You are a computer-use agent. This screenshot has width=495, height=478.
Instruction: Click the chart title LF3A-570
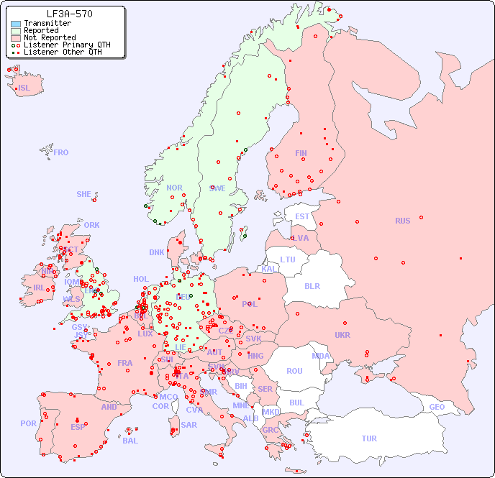click(69, 14)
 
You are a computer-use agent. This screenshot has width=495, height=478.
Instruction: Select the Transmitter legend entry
click(47, 24)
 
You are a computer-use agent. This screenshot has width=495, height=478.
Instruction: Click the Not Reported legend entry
click(49, 37)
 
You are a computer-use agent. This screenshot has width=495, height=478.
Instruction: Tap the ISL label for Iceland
click(24, 88)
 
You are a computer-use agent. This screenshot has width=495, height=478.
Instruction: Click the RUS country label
click(402, 221)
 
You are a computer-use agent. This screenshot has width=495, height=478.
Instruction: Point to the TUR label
click(369, 438)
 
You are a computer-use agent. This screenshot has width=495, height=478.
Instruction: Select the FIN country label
click(301, 153)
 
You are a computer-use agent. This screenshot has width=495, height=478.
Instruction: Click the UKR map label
click(342, 335)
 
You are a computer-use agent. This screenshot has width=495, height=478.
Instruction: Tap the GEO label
click(437, 407)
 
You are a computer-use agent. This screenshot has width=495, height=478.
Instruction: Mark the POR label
click(28, 423)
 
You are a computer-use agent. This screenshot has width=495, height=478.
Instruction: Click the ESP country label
click(78, 426)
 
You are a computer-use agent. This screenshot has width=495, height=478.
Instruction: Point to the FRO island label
click(61, 152)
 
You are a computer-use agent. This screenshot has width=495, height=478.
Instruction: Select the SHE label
click(84, 194)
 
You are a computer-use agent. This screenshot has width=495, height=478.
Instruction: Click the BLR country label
click(312, 285)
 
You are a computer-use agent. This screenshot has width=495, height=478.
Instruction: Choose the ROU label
click(294, 371)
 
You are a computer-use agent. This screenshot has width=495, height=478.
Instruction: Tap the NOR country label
click(174, 188)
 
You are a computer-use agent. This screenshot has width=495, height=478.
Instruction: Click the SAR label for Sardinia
click(189, 425)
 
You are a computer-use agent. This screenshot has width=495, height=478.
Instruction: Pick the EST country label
click(302, 216)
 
